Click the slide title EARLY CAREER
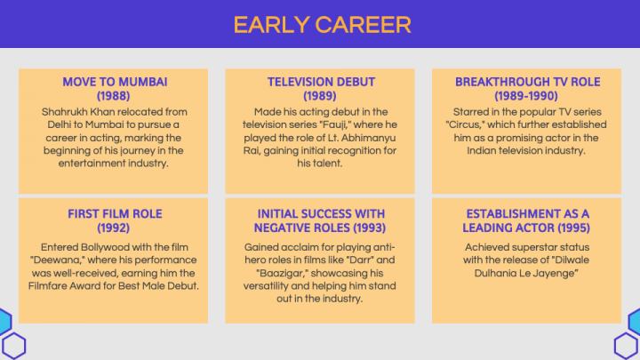[322, 25]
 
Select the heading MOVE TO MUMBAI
[115, 82]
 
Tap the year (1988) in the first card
[114, 96]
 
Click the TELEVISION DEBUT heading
[321, 82]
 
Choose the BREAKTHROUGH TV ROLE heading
[528, 82]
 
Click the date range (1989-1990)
[526, 96]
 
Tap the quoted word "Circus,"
[463, 124]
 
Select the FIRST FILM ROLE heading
[115, 214]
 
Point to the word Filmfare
[47, 285]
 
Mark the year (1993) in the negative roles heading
[369, 228]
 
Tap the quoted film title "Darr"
[358, 260]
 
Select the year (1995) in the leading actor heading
[573, 228]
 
